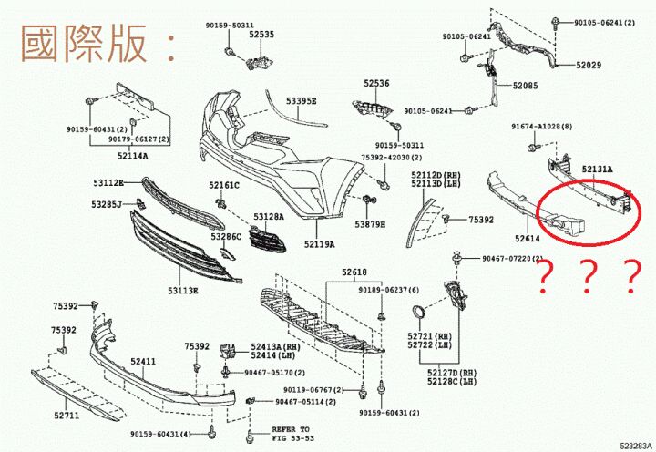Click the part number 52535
[x=261, y=34]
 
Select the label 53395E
[x=301, y=100]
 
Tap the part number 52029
[x=588, y=66]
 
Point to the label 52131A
[x=597, y=169]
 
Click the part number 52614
[x=528, y=238]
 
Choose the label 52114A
[x=132, y=156]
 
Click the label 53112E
[x=108, y=182]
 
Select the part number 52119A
[x=319, y=244]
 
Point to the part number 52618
[x=354, y=272]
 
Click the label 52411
[x=143, y=362]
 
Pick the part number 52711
[x=67, y=416]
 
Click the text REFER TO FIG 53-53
[x=291, y=432]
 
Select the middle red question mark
[x=587, y=274]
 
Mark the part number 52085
[x=525, y=86]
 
